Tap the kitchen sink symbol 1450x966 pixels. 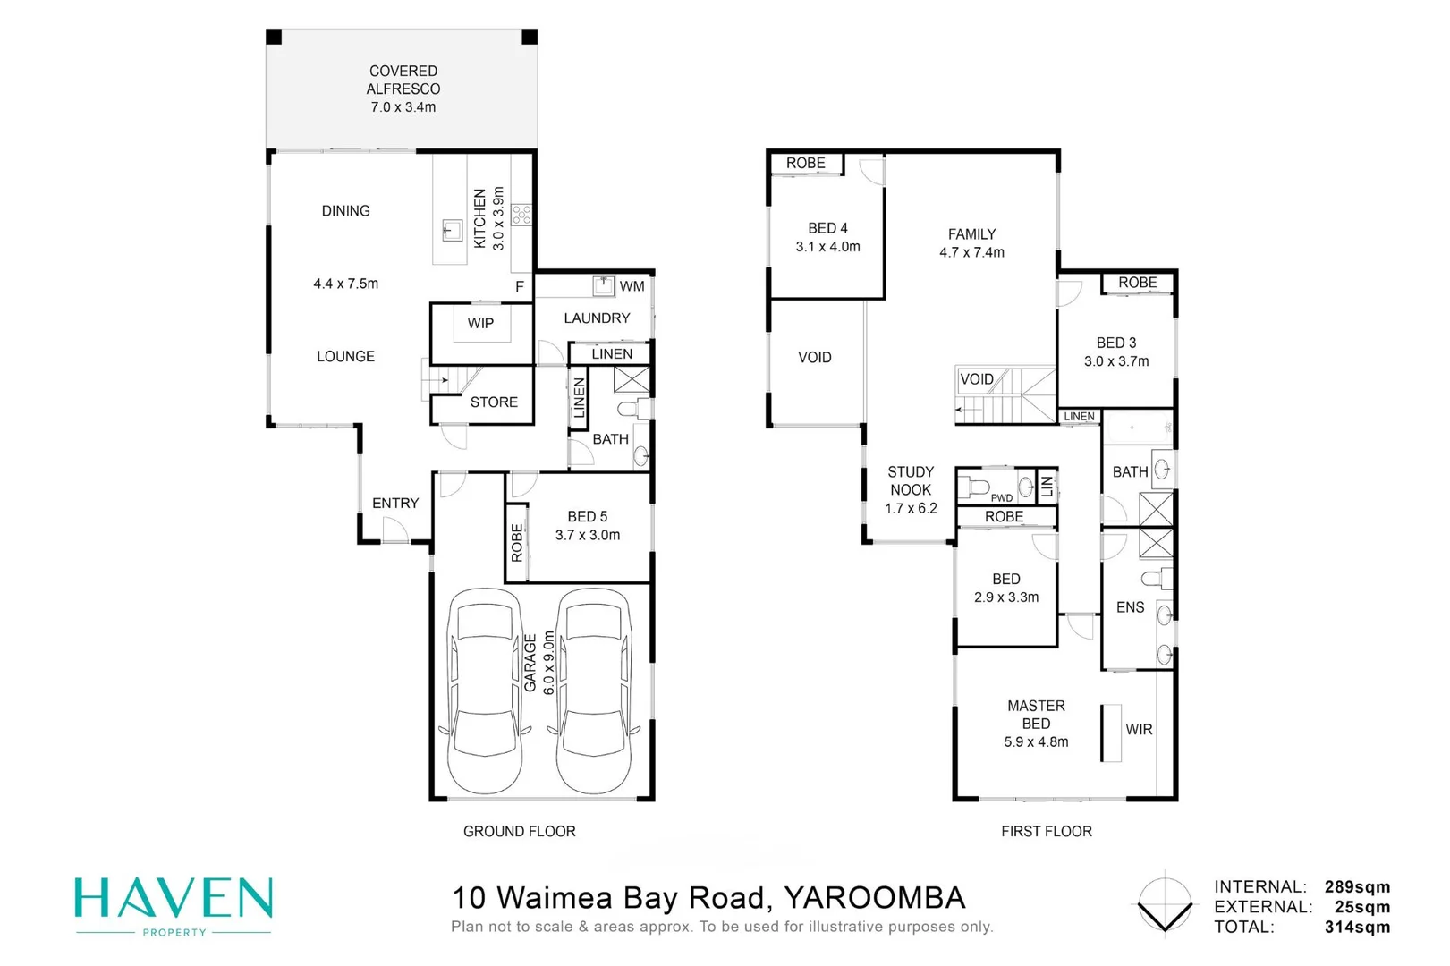click(452, 232)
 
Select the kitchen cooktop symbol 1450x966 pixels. click(522, 214)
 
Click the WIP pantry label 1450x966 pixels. click(480, 323)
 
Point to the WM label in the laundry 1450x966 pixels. click(632, 286)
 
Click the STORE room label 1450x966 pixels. click(494, 402)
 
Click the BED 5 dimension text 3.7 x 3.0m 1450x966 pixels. click(587, 535)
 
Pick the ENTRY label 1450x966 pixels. click(395, 503)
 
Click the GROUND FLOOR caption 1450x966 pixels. click(519, 831)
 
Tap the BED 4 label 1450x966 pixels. click(827, 228)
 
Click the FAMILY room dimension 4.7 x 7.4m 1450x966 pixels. click(971, 252)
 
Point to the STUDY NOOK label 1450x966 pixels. click(911, 480)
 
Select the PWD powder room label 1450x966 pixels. click(1001, 498)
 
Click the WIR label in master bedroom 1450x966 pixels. click(1139, 729)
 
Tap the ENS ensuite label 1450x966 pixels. click(1130, 607)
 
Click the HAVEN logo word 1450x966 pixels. click(174, 899)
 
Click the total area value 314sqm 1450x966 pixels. click(1357, 927)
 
